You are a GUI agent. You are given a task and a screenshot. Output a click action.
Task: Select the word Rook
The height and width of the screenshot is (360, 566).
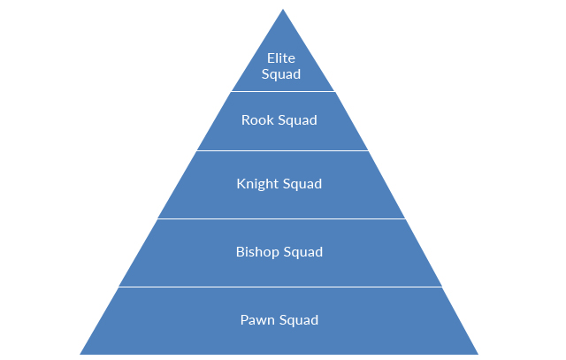tap(257, 120)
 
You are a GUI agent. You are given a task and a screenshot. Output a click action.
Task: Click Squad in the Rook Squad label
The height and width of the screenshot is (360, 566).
tap(297, 120)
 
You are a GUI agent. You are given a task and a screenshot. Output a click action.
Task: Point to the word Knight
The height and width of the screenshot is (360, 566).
tap(256, 185)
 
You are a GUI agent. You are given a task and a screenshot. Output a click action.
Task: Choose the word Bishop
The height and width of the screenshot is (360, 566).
tap(256, 252)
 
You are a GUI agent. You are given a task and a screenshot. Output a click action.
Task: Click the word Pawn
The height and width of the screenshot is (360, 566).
tap(257, 319)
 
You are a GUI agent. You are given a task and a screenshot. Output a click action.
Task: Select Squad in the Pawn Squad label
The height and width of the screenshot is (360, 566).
tap(298, 319)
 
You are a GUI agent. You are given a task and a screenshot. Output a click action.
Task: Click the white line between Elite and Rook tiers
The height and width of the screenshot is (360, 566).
tap(283, 91)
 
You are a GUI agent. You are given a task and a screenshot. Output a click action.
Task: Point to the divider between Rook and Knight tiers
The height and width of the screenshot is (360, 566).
tap(283, 150)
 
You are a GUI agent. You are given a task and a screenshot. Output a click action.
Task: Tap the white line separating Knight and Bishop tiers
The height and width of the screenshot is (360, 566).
tap(283, 218)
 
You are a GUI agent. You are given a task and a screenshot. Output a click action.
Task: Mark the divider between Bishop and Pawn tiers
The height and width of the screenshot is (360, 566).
tap(283, 287)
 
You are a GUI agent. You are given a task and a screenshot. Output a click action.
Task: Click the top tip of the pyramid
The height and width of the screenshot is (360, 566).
tap(283, 11)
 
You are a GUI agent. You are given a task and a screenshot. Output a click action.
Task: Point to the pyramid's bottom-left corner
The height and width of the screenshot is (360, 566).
tap(80, 353)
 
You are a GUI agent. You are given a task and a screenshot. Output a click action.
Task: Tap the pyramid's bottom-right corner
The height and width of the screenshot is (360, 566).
tap(478, 353)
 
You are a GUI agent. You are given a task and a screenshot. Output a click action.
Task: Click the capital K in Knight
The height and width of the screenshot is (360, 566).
tap(241, 184)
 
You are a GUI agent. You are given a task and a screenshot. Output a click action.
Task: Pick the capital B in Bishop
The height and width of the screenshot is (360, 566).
tap(240, 252)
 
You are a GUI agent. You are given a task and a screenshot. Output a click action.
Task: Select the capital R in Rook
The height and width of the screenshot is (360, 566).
tap(246, 120)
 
